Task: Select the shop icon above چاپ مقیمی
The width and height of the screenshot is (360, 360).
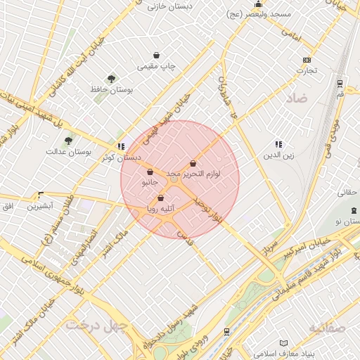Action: [x=156, y=55]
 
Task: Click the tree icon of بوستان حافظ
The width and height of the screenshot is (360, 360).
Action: [x=111, y=79]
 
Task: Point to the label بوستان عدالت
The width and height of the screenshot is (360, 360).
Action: [x=65, y=151]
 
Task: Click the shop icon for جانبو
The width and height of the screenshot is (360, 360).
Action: [x=150, y=172]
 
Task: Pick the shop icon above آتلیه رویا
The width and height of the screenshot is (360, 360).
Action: [x=161, y=198]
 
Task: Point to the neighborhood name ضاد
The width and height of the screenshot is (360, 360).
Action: [x=297, y=98]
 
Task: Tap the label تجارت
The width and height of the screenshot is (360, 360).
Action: [x=307, y=70]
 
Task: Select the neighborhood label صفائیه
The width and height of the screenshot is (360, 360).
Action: [x=326, y=328]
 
